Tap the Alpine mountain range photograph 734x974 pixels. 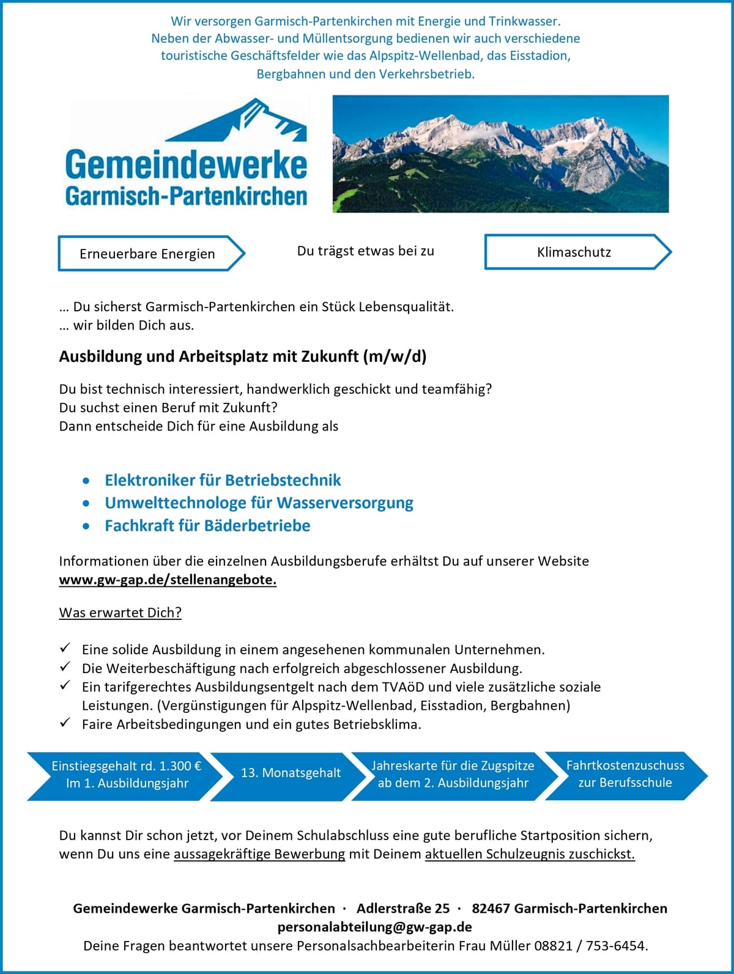[500, 153]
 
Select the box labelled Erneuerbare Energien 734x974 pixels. [147, 254]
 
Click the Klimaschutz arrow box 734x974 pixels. [574, 252]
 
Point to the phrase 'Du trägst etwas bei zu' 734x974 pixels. [365, 251]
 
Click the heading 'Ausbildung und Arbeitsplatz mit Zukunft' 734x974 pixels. [242, 356]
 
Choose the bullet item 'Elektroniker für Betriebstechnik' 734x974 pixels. [223, 480]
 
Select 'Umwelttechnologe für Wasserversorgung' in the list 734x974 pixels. [259, 503]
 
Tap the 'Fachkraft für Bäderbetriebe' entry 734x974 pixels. [207, 525]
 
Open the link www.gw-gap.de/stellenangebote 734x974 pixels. [168, 580]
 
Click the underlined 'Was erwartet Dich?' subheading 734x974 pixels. [120, 613]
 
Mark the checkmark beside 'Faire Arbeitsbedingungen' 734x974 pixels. [65, 723]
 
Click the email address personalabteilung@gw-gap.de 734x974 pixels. [374, 927]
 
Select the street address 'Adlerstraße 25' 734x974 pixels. [403, 909]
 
